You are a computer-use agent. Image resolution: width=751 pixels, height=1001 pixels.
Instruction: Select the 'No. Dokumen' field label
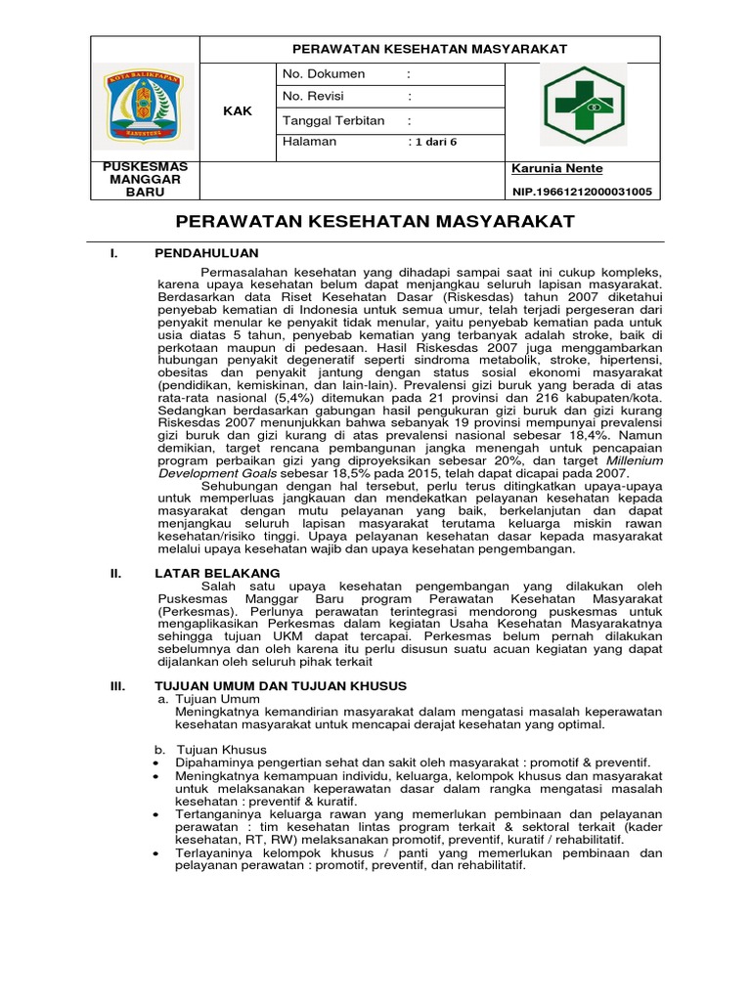(x=323, y=73)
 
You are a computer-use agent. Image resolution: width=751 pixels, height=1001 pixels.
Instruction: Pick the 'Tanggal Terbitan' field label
(x=333, y=120)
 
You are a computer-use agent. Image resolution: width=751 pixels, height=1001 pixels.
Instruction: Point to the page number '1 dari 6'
(x=432, y=143)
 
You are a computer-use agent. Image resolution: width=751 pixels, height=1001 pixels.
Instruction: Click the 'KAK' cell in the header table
(x=238, y=110)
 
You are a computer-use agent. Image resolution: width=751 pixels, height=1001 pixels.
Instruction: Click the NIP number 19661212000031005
(x=581, y=192)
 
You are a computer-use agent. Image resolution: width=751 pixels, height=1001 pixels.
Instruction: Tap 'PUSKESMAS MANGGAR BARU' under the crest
(x=145, y=180)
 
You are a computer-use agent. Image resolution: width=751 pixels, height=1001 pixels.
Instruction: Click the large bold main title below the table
(x=375, y=222)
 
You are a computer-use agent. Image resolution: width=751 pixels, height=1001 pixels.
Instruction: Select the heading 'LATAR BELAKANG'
(x=217, y=573)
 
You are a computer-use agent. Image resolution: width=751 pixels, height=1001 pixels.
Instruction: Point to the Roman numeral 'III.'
(x=119, y=687)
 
